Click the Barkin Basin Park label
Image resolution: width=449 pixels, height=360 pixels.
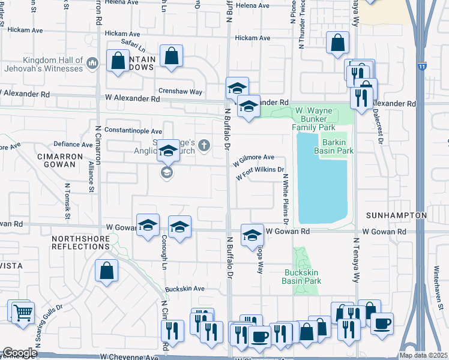point(337,146)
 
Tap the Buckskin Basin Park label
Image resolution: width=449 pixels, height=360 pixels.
point(303,277)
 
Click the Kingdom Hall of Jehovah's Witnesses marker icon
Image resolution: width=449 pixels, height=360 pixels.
point(92,62)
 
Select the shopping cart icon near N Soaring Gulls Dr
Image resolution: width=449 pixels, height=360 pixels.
point(22,312)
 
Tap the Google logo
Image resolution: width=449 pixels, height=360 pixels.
point(20,353)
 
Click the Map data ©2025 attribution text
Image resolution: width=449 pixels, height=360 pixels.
point(424,355)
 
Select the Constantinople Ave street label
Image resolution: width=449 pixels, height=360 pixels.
point(133,130)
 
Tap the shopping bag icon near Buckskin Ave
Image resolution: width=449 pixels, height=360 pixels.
point(106,271)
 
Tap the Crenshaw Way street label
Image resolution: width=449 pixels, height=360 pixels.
point(179,92)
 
